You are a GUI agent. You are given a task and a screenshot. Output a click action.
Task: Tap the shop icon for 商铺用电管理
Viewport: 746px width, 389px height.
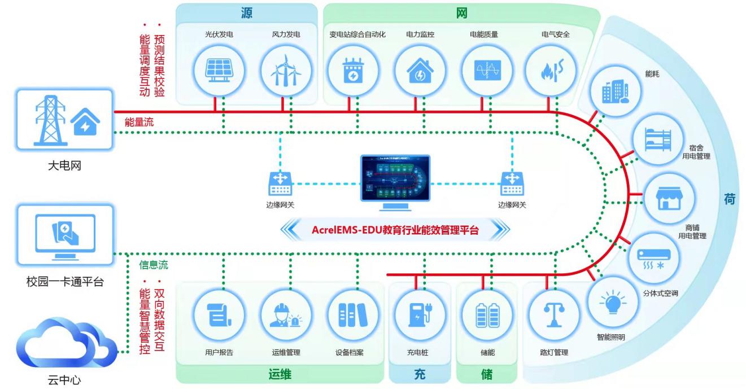(x=669, y=198)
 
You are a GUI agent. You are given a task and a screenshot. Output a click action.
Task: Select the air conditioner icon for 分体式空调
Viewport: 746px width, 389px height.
(x=653, y=257)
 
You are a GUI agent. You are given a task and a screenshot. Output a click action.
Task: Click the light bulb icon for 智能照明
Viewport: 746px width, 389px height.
(x=613, y=304)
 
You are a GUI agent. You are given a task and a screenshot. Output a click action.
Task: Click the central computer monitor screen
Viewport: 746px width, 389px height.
(x=395, y=178)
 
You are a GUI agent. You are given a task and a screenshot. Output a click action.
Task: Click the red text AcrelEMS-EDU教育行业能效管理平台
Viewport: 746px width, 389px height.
(x=395, y=230)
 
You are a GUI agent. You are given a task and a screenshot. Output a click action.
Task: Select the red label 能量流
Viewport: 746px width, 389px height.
(x=139, y=122)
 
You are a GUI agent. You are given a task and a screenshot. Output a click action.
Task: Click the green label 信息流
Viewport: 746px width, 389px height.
(x=154, y=265)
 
